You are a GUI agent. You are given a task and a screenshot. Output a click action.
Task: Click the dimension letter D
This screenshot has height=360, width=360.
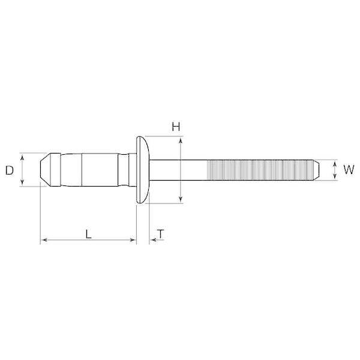10,170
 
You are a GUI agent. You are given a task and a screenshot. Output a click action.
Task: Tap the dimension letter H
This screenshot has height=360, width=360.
176,127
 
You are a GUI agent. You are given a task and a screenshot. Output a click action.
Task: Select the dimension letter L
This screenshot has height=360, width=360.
88,234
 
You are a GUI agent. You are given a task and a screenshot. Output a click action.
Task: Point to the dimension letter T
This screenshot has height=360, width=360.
161,234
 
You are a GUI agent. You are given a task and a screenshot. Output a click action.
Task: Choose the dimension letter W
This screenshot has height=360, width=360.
349,170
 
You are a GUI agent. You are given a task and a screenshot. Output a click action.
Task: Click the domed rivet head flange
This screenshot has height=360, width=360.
143,170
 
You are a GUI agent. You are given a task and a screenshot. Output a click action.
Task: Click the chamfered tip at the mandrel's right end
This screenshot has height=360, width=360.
316,170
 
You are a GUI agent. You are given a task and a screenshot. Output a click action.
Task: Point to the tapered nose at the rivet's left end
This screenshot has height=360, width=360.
45,170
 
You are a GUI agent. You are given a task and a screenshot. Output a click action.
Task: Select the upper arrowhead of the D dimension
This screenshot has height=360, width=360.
22,157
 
